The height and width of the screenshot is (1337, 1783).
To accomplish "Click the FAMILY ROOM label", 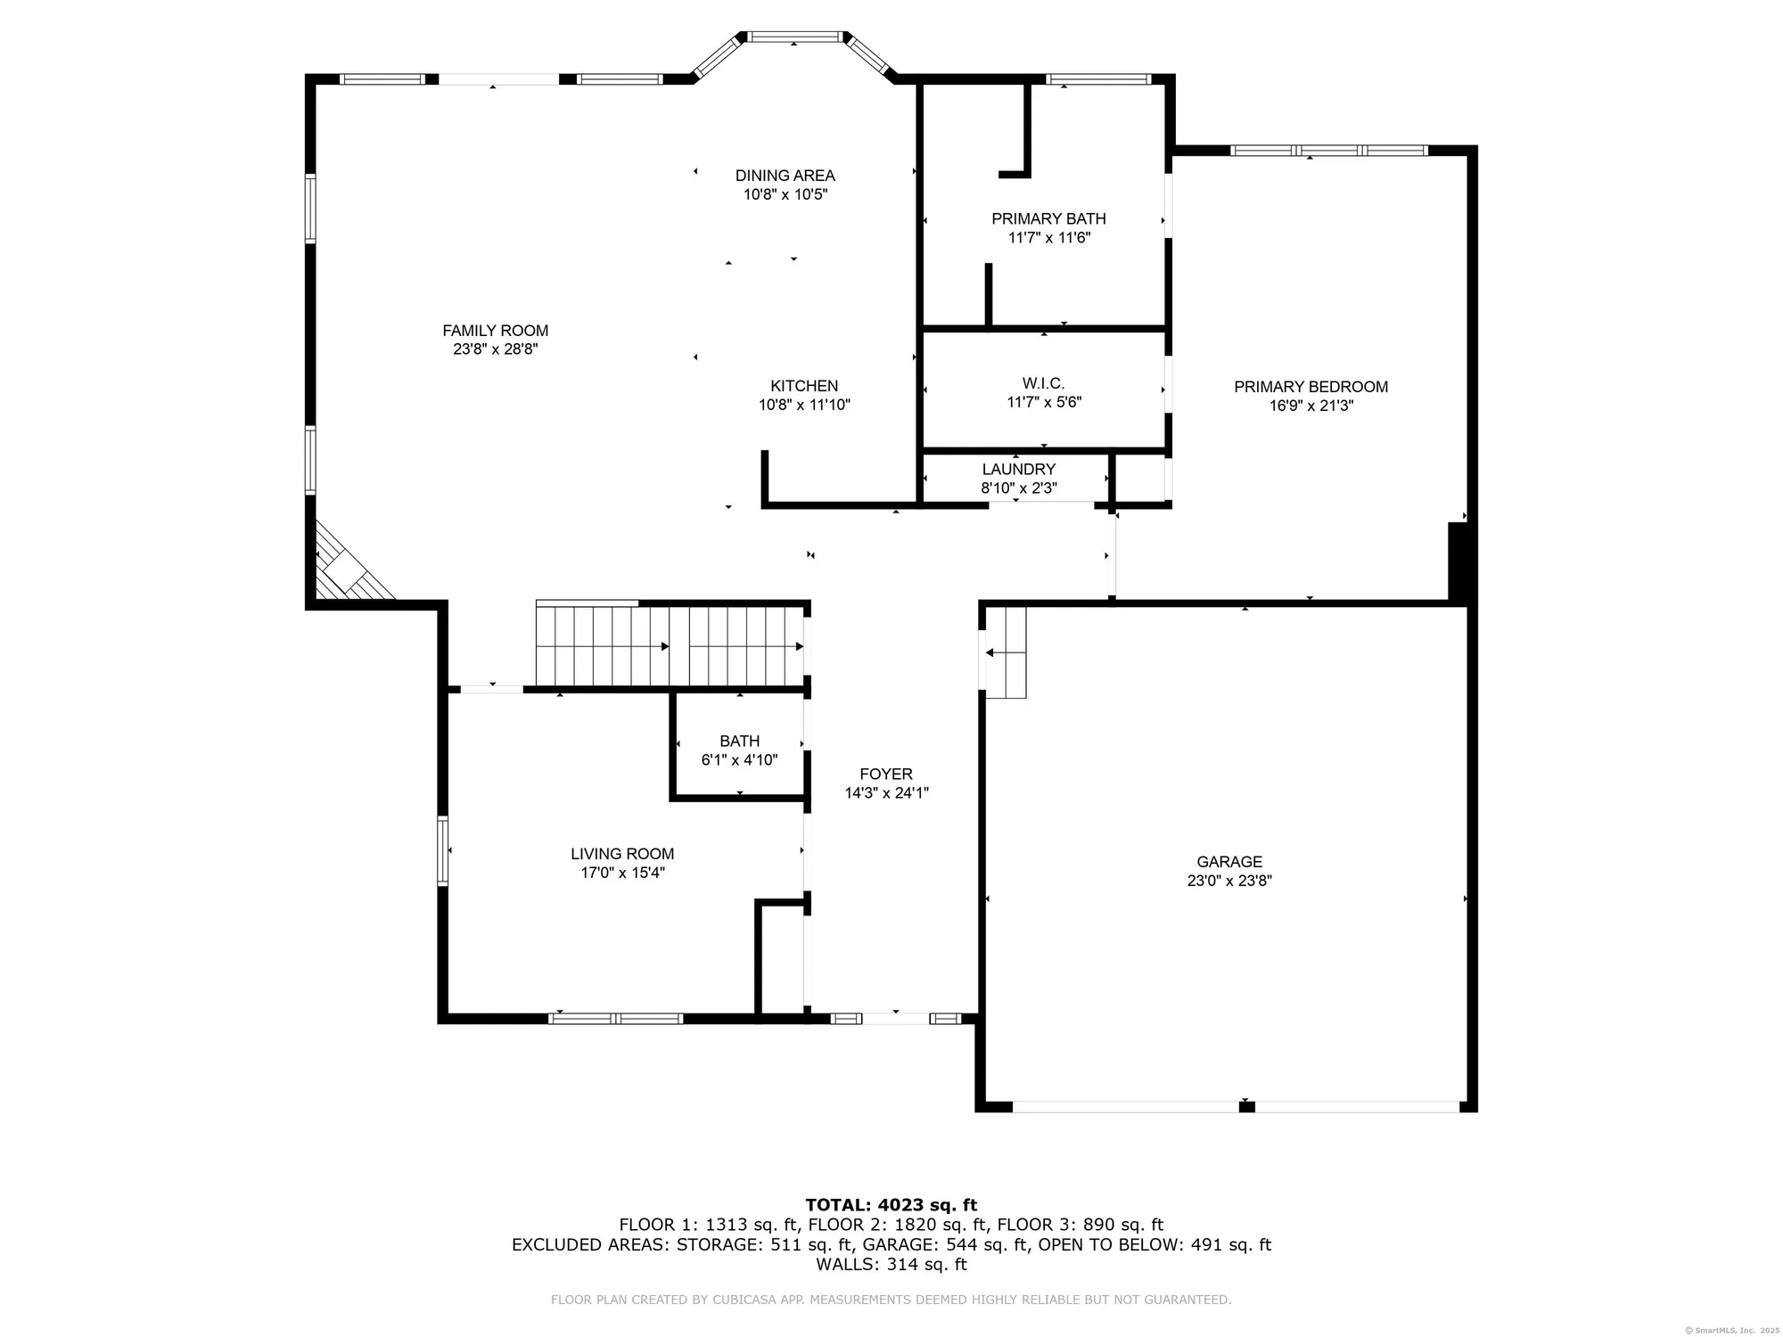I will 495,331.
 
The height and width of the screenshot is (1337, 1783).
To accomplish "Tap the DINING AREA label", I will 785,176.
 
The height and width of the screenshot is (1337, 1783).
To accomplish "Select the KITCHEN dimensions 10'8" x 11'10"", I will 804,405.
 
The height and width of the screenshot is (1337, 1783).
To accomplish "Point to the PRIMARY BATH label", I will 1048,218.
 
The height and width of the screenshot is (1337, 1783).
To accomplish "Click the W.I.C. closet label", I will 1043,383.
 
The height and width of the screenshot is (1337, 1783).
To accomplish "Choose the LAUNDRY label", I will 1018,469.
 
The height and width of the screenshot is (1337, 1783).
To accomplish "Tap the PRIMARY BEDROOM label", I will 1311,387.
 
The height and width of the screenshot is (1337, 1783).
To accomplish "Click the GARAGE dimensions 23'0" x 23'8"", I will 1228,881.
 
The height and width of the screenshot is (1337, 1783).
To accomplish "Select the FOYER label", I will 885,774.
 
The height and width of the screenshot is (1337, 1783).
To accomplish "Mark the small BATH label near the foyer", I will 739,741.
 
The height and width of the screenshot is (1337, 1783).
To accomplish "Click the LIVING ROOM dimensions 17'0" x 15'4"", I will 622,873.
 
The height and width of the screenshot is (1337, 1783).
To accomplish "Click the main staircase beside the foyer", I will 669,646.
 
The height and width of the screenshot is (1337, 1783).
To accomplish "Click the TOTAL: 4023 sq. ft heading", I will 891,1205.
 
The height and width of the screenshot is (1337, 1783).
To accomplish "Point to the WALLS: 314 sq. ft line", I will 891,1264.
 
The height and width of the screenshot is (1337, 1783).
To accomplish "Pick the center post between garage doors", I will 1246,1107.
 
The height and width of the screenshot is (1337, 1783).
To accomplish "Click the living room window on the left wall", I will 442,850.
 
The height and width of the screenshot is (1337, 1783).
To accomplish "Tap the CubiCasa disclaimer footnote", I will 891,1300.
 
